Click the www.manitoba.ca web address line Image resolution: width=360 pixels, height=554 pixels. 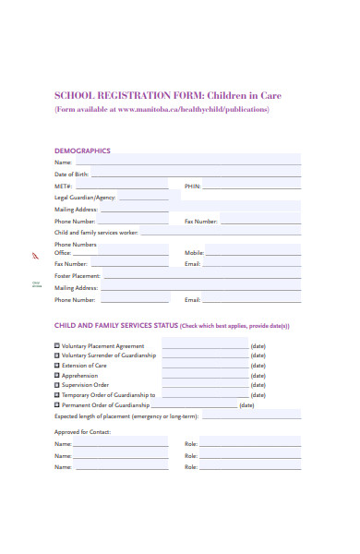[162, 109]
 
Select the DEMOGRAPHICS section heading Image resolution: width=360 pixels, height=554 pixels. [82, 151]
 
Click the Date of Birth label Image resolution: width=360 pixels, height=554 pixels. [72, 174]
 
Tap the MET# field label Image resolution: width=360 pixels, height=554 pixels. [63, 186]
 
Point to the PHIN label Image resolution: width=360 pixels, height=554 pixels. [192, 186]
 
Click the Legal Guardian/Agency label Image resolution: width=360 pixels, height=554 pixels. [85, 198]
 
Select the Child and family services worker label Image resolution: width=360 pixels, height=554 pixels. [96, 233]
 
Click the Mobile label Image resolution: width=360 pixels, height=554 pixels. [194, 252]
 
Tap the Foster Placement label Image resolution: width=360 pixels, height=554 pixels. [78, 276]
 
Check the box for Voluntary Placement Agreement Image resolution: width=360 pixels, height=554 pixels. [57, 345]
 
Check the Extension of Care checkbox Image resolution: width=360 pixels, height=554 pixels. [57, 365]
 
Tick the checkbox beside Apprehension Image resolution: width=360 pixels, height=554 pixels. [57, 375]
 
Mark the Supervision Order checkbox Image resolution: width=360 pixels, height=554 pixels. [57, 385]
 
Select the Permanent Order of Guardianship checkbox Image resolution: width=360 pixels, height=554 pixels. [57, 404]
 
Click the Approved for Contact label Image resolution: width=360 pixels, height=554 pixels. [82, 432]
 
